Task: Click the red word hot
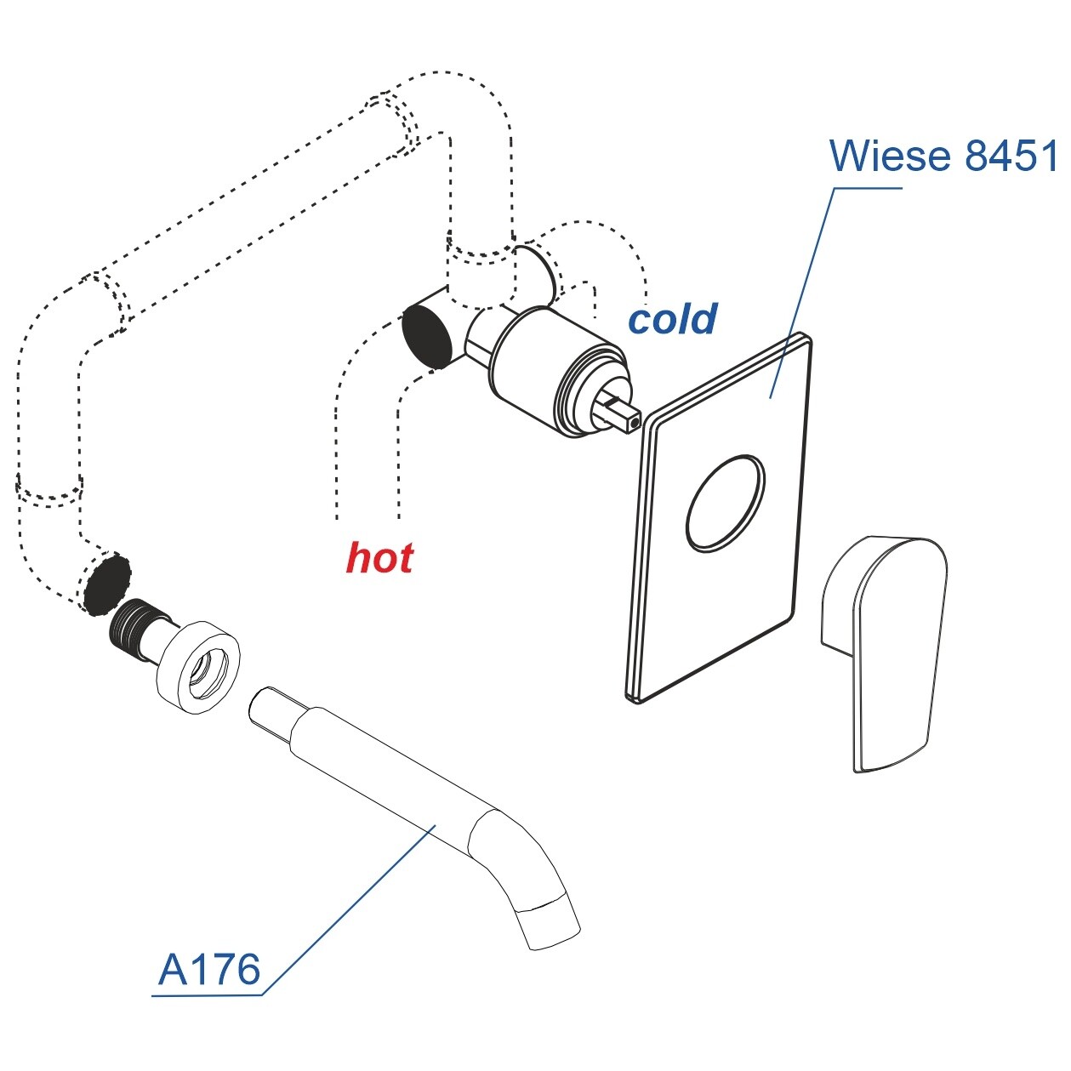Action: [379, 558]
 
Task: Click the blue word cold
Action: [672, 319]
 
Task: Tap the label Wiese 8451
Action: [943, 156]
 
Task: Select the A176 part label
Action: [209, 969]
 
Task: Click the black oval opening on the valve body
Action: [427, 335]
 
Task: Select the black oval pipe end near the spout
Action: [107, 584]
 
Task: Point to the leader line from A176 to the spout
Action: [357, 902]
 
